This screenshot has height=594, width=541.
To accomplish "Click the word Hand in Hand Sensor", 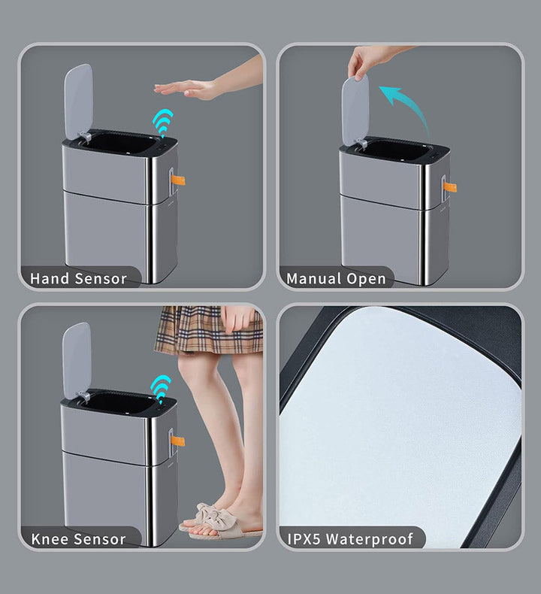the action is point(50,279).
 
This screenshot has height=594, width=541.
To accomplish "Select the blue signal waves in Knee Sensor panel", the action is point(161,388).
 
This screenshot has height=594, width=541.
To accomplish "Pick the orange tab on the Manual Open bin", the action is point(450,186).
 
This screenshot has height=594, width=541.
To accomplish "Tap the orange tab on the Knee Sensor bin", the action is point(177,441).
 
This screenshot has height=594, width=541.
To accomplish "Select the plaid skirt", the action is point(209,330).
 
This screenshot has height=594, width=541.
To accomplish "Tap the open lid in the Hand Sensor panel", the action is point(78,102).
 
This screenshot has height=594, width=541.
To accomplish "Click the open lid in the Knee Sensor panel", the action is point(77,361).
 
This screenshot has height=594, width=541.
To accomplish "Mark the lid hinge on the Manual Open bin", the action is point(361,143).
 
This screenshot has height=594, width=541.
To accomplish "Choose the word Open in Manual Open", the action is point(367,280).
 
